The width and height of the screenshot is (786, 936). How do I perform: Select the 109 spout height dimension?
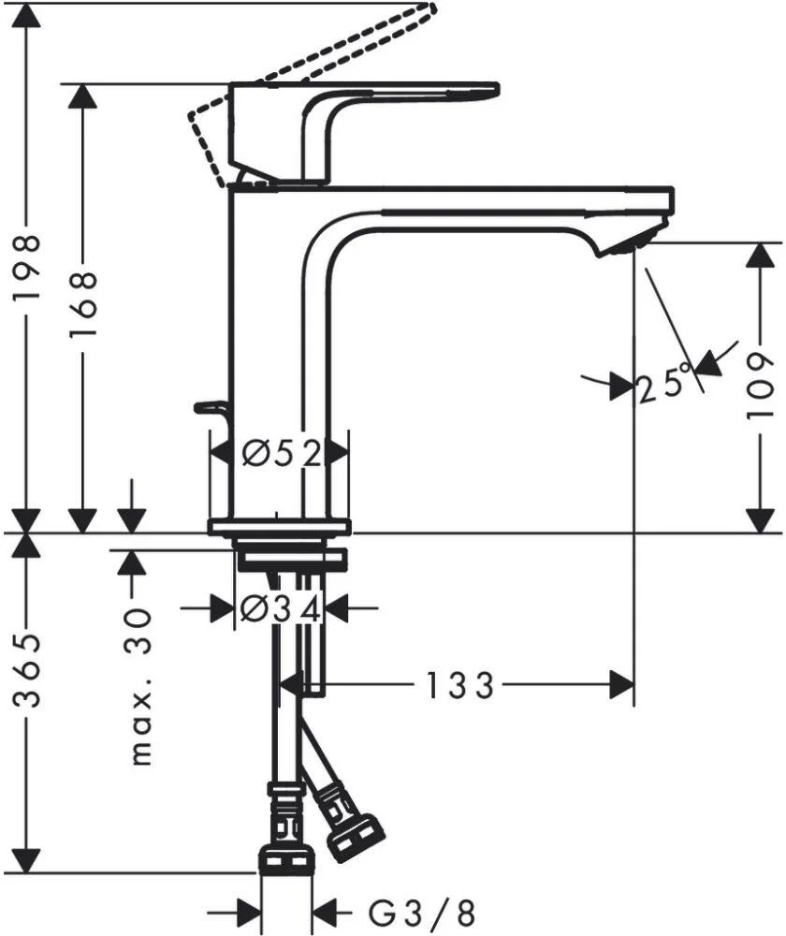click(764, 385)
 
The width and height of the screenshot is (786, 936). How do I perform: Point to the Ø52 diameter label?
click(281, 454)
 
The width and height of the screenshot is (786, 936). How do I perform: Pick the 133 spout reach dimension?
click(458, 686)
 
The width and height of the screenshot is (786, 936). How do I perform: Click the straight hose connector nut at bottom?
click(285, 856)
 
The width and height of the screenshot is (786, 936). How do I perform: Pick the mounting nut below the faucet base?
click(291, 560)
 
